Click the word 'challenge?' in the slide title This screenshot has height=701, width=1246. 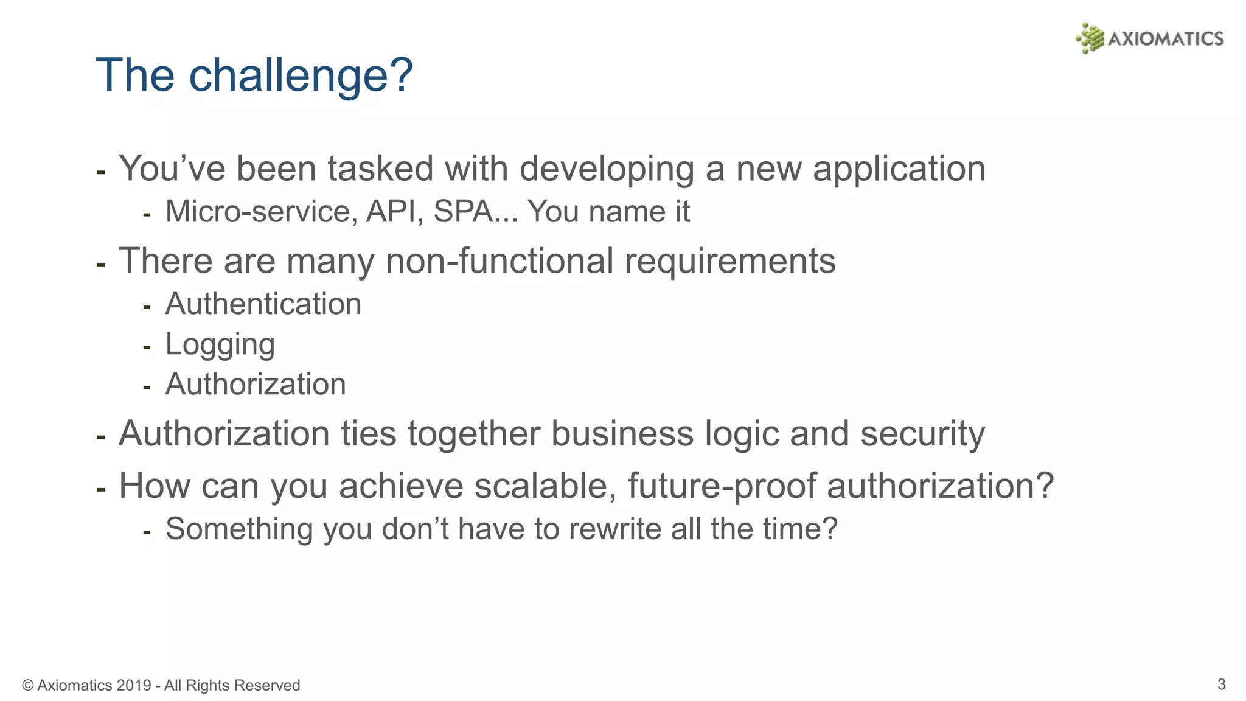(x=301, y=76)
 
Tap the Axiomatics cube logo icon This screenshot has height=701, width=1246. (x=1089, y=38)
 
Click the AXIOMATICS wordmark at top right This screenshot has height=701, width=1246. (x=1165, y=39)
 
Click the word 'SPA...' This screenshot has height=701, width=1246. (x=475, y=212)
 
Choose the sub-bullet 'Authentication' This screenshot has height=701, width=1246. (x=263, y=304)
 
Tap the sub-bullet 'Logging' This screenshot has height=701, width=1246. (x=220, y=345)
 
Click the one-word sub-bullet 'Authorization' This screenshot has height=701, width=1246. (x=256, y=385)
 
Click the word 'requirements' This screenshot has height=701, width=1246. (x=729, y=262)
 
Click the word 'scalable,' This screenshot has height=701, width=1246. (x=545, y=486)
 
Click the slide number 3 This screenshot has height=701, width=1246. (x=1221, y=684)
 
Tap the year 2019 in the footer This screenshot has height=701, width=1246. (x=133, y=686)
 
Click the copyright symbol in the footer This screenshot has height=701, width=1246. (x=27, y=686)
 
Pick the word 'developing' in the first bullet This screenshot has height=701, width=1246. (x=607, y=170)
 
